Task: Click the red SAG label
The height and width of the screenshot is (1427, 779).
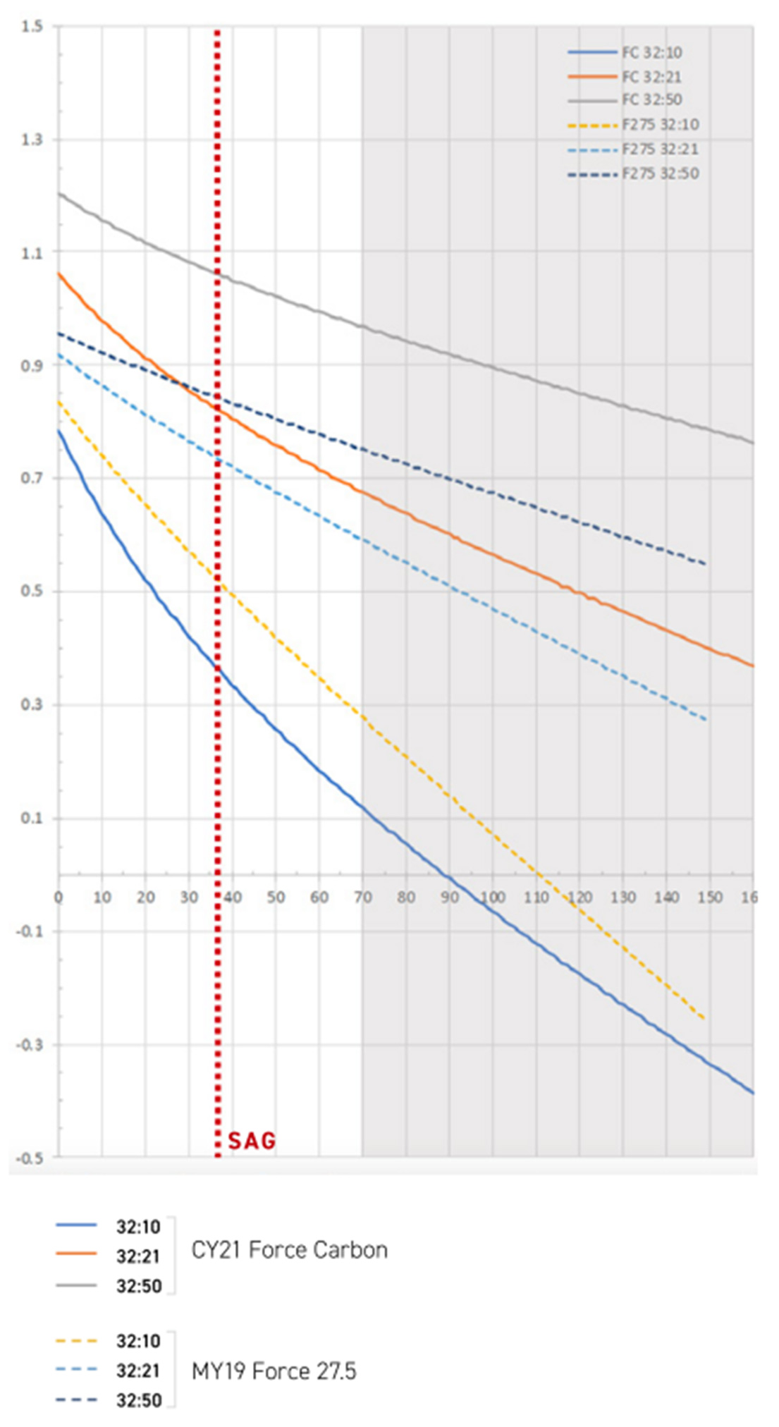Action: [x=252, y=1140]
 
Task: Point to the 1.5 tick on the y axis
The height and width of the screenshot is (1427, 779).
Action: [x=32, y=27]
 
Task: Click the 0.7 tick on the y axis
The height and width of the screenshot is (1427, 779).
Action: [x=32, y=478]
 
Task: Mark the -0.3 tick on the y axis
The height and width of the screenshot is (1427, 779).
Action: [x=30, y=1045]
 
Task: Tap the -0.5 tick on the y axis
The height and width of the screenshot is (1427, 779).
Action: [x=30, y=1158]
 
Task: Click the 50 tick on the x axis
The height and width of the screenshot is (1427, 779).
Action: [x=276, y=898]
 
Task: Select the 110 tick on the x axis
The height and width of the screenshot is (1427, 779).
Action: [x=536, y=898]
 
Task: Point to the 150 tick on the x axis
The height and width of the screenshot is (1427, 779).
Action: [x=710, y=898]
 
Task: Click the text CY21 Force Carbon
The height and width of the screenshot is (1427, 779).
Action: [x=290, y=1250]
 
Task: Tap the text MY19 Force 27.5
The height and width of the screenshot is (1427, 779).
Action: [x=274, y=1371]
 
